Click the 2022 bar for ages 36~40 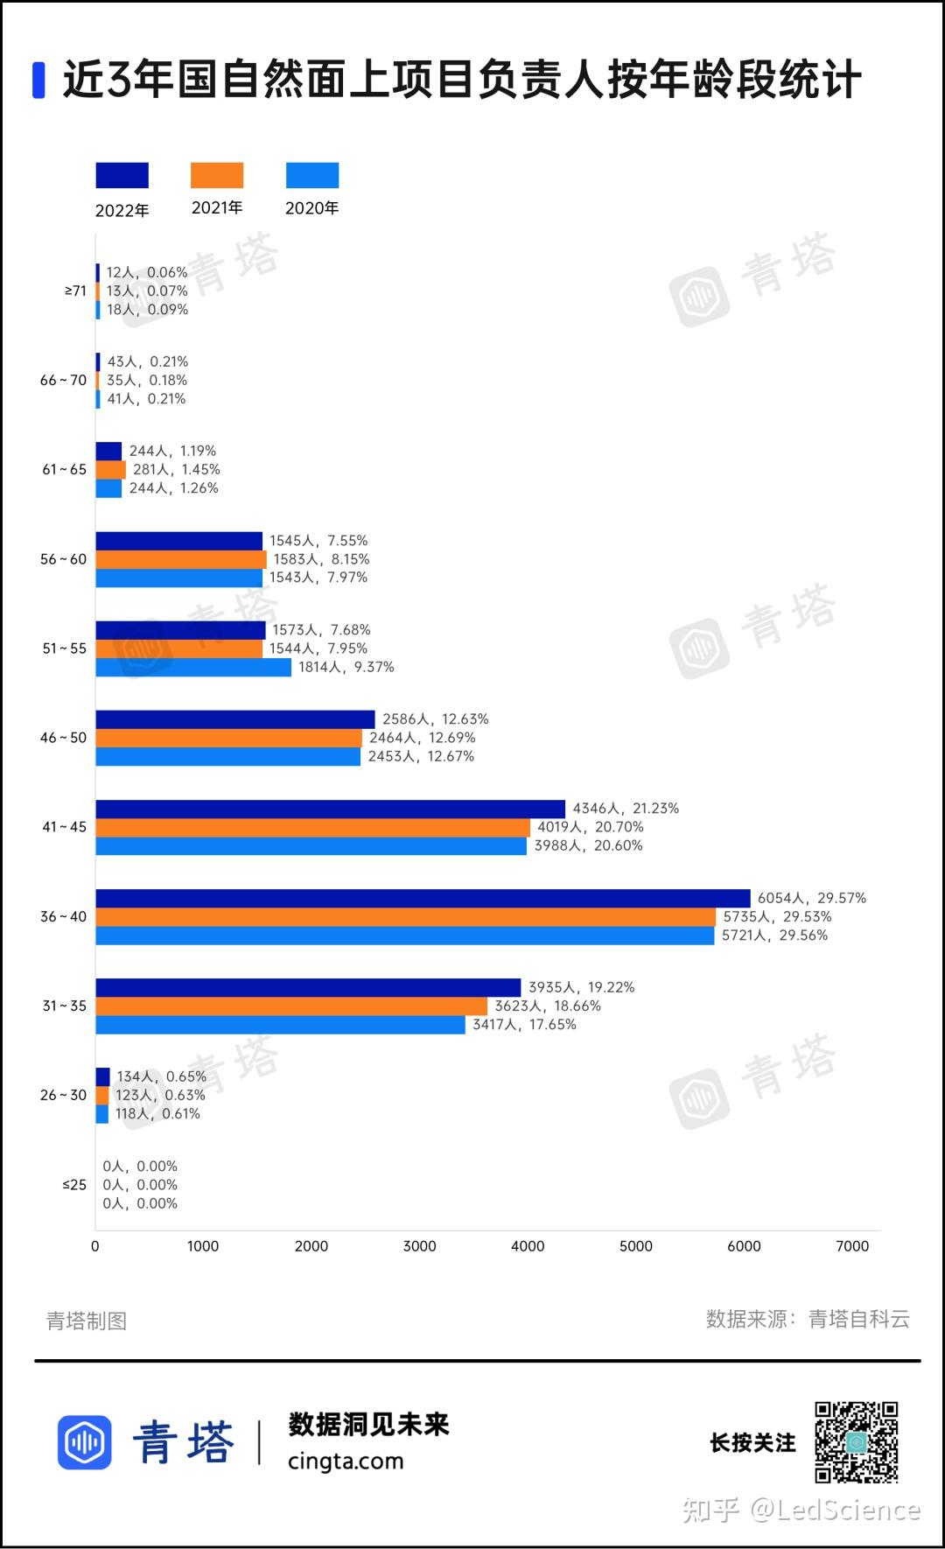(x=423, y=898)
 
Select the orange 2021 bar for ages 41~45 (x=312, y=827)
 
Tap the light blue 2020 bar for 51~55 (x=193, y=667)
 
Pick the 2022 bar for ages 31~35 (x=308, y=987)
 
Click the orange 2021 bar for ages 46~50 (x=228, y=738)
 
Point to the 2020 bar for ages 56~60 (x=178, y=578)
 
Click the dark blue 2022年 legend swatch (x=122, y=175)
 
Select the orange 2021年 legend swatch (x=217, y=175)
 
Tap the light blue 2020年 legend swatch (x=312, y=175)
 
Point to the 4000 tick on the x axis (x=528, y=1246)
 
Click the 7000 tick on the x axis (x=852, y=1246)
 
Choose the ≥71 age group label (x=75, y=291)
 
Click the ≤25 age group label (x=74, y=1185)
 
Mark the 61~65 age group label (x=65, y=469)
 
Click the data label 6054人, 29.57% (x=811, y=898)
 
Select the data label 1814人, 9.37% (x=346, y=667)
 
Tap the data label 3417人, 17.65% (x=524, y=1024)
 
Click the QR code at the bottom (x=857, y=1442)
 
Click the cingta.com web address (x=346, y=1461)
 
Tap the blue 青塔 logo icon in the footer (x=85, y=1441)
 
